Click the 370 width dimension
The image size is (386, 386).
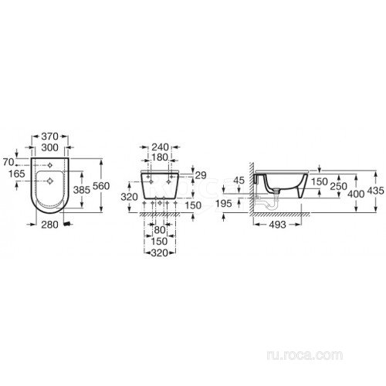pyautogui.click(x=50, y=137)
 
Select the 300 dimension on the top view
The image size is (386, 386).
pyautogui.click(x=50, y=147)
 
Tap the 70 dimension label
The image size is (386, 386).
pyautogui.click(x=8, y=162)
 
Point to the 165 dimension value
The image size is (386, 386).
pyautogui.click(x=17, y=174)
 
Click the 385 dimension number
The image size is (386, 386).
pyautogui.click(x=82, y=190)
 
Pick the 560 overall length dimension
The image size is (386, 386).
pyautogui.click(x=101, y=185)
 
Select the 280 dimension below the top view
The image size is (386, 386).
pyautogui.click(x=49, y=225)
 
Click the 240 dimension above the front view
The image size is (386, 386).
pyautogui.click(x=160, y=147)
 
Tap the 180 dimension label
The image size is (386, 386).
pyautogui.click(x=160, y=157)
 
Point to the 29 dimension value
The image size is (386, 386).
pyautogui.click(x=201, y=175)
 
